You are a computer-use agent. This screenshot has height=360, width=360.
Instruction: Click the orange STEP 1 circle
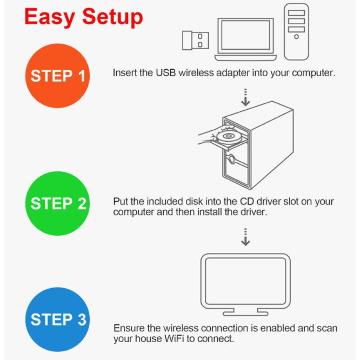pyautogui.click(x=57, y=76)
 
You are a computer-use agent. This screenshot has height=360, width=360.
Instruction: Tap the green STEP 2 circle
pyautogui.click(x=57, y=203)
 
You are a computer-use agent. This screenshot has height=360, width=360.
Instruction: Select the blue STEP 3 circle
pyautogui.click(x=57, y=319)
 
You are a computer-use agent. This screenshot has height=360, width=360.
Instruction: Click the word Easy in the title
pyautogui.click(x=50, y=17)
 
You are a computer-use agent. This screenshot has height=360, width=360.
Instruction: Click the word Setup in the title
pyautogui.click(x=112, y=17)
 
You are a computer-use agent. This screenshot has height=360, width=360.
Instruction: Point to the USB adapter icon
pyautogui.click(x=195, y=41)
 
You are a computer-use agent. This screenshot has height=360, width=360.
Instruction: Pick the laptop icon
pyautogui.click(x=245, y=39)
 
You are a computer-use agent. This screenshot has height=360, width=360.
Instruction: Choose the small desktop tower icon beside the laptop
pyautogui.click(x=296, y=32)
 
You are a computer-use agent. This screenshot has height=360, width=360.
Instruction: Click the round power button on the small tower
pyautogui.click(x=296, y=37)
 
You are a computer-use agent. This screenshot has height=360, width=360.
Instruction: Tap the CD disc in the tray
pyautogui.click(x=229, y=136)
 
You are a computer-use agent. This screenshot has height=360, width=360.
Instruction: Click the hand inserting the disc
pyautogui.click(x=210, y=136)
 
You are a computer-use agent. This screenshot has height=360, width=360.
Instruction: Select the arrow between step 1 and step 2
pyautogui.click(x=245, y=97)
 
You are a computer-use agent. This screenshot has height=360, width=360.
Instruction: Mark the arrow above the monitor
pyautogui.click(x=245, y=237)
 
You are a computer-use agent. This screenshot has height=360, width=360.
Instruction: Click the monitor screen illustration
pyautogui.click(x=245, y=281)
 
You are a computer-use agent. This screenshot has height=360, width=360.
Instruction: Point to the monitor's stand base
pyautogui.click(x=245, y=314)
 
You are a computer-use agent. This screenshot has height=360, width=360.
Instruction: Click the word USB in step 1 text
pyautogui.click(x=166, y=73)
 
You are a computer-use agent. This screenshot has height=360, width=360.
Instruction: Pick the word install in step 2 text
pyautogui.click(x=210, y=212)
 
